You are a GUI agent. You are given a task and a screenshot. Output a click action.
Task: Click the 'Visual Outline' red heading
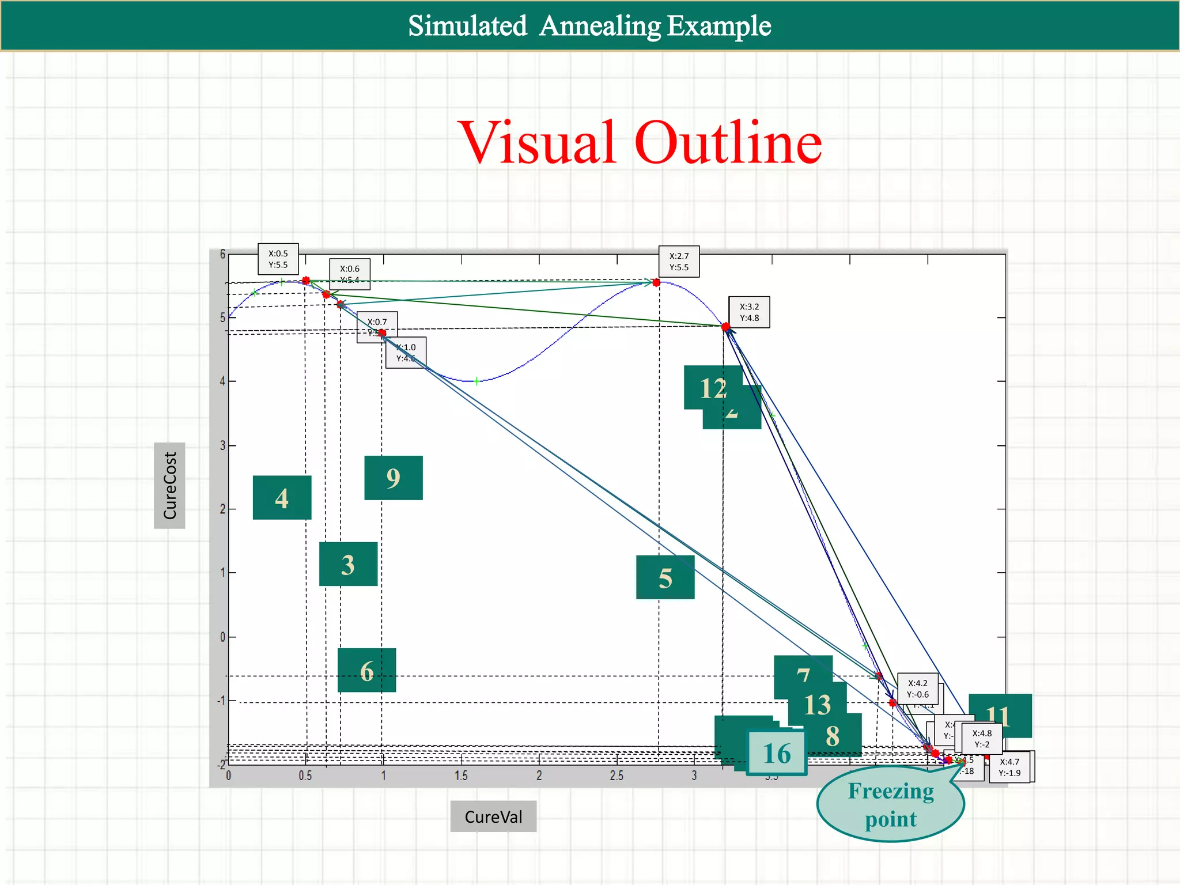coord(640,142)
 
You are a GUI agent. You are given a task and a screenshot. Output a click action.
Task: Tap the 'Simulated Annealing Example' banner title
coord(589,26)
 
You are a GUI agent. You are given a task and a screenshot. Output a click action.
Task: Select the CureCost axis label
coord(169,485)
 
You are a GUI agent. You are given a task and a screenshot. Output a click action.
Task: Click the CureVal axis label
coord(493,816)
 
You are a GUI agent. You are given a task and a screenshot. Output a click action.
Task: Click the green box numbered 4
coord(282,498)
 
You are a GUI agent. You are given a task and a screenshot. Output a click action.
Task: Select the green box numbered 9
coord(394,478)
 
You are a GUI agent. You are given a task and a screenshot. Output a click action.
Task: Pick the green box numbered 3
coord(348,564)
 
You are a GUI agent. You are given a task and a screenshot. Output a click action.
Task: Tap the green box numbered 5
coord(665,577)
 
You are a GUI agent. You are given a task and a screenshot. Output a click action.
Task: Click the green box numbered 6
coord(366,670)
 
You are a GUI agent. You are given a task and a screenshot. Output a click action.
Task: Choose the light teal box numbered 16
coord(776,753)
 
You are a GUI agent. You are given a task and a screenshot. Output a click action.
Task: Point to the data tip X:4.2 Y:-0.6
coord(917,689)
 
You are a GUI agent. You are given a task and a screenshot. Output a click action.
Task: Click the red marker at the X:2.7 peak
coord(656,282)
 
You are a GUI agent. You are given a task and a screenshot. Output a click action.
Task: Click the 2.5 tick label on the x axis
coord(617,776)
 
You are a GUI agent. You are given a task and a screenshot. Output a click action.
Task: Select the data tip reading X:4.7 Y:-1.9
coord(1009,767)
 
